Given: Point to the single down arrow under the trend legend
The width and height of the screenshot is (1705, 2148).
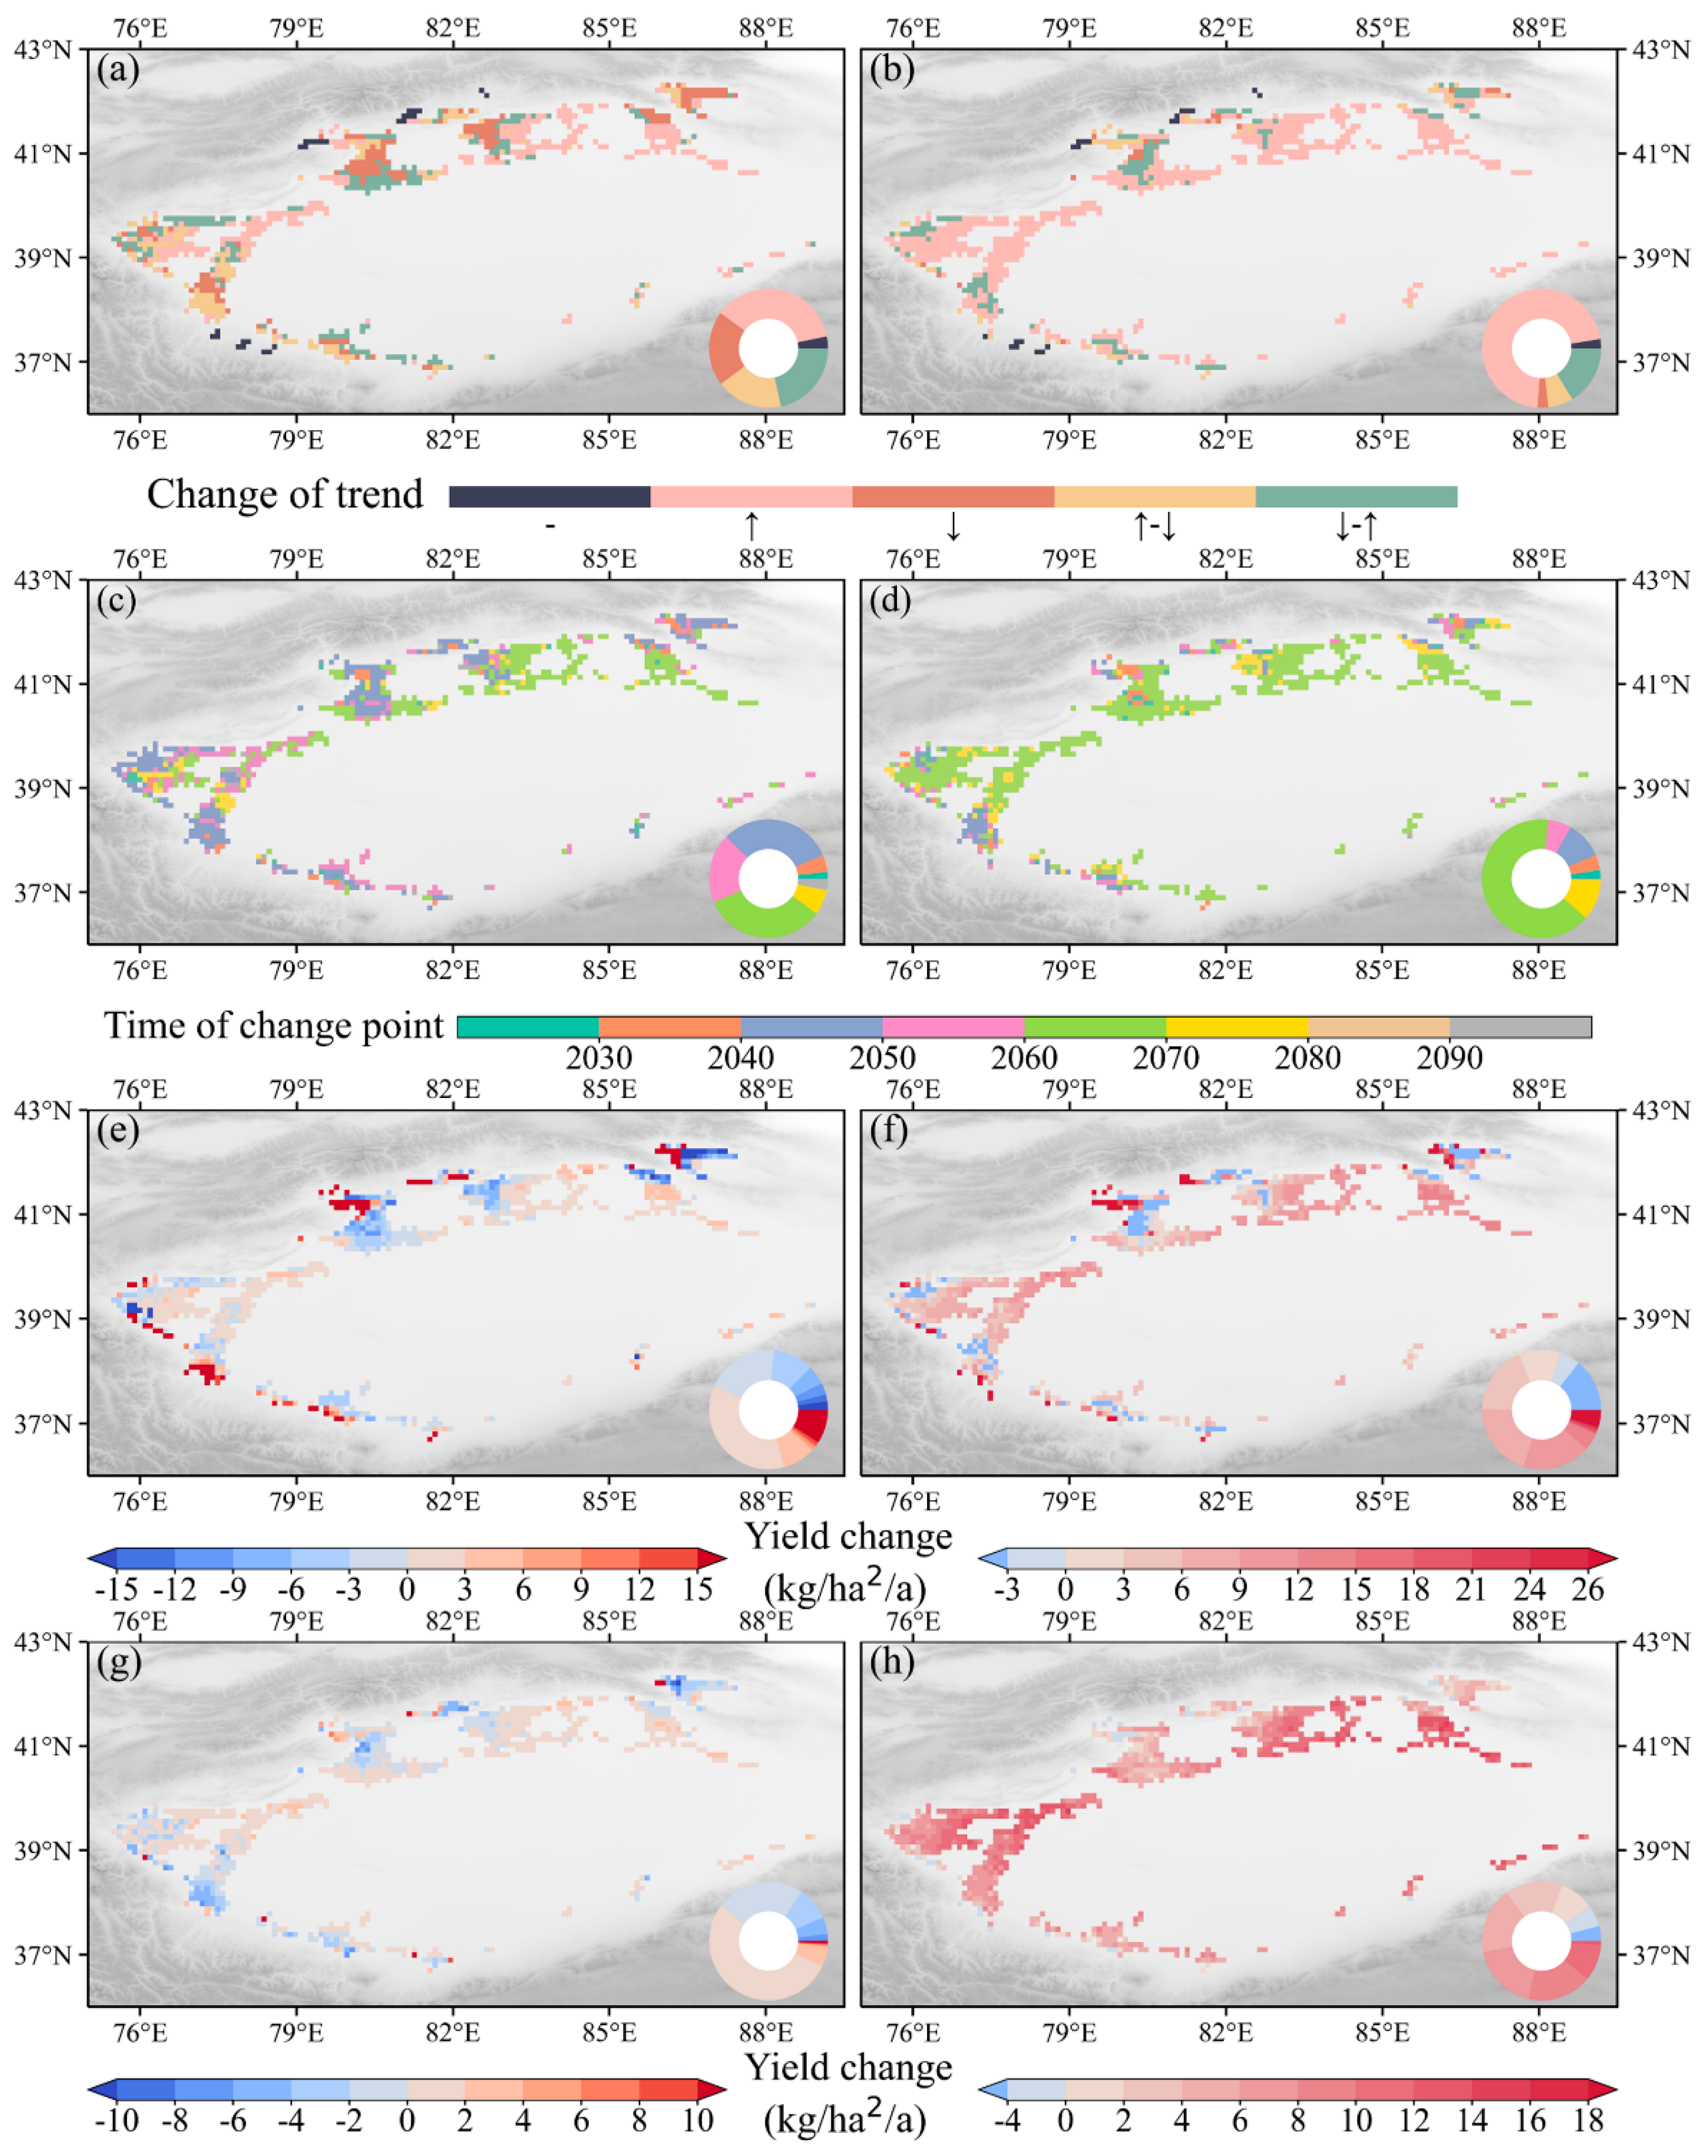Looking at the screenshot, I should [x=953, y=526].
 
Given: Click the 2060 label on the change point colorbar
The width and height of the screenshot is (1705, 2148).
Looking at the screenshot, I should [x=1024, y=1057].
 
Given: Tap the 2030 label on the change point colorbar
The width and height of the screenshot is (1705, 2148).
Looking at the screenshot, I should [x=599, y=1057].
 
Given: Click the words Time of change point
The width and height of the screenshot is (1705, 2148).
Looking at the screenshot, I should [x=274, y=1025].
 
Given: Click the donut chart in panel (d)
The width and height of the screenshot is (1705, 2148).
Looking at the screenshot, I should [x=1541, y=879].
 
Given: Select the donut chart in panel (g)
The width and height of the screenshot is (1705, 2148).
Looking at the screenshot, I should [x=768, y=1941].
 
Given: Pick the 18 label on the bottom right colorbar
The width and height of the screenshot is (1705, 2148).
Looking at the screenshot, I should [x=1587, y=2119].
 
